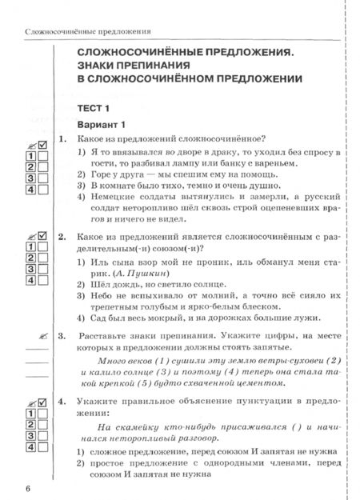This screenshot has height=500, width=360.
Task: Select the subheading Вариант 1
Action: click(x=102, y=126)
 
